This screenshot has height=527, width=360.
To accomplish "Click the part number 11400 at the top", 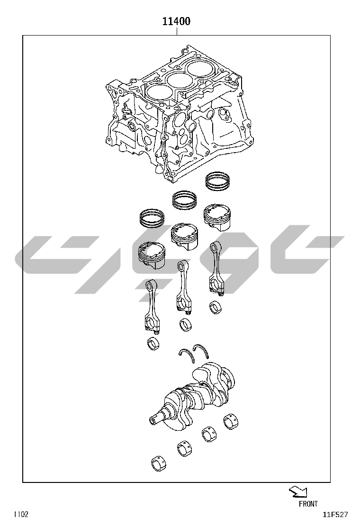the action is pos(176,21).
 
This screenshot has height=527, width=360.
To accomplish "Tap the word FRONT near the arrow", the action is pos(308,504).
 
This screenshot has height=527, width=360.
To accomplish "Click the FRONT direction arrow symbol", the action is pos(298,492).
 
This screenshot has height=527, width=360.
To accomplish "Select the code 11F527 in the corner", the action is pos(335,515).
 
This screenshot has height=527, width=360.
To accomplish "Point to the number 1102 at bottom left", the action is pos(21,515).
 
